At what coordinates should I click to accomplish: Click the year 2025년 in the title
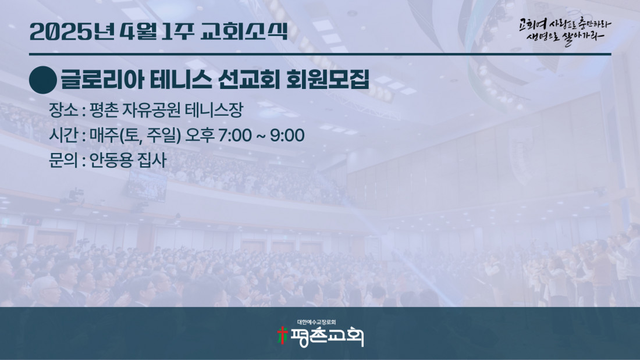[x=72, y=31]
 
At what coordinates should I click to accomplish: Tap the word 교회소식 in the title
[x=244, y=31]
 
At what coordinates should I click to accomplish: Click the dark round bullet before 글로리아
[x=43, y=80]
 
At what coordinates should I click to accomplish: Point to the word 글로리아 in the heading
[x=102, y=80]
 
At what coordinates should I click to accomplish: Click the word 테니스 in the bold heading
[x=181, y=80]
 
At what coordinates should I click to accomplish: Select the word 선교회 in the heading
[x=248, y=80]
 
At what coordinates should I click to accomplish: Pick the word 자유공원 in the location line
[x=151, y=110]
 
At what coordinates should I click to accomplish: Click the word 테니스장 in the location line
[x=214, y=110]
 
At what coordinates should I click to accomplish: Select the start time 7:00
[x=234, y=136]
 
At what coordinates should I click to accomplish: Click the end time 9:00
[x=287, y=136]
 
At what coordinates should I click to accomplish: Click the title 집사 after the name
[x=152, y=160]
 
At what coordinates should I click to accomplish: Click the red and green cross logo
[x=282, y=336]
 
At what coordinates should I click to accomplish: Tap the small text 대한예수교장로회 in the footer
[x=317, y=322]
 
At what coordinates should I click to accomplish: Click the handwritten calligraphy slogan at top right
[x=565, y=31]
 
